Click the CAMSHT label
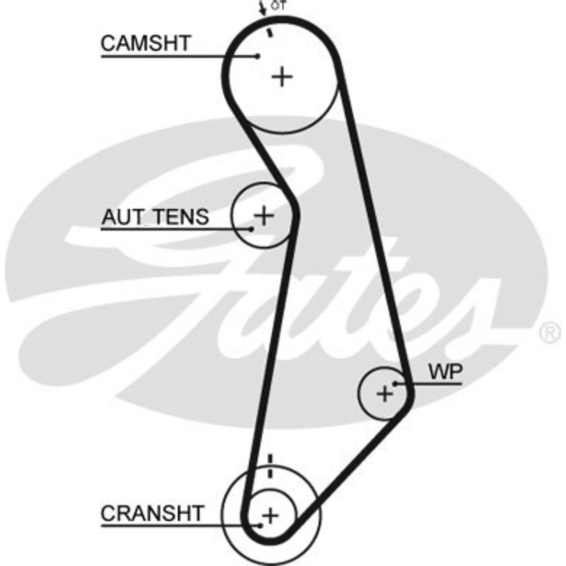point(146,43)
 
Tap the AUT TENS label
point(155,217)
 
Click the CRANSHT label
point(153,513)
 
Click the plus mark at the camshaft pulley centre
point(281,77)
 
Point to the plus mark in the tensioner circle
point(264,215)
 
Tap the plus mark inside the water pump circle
point(384,394)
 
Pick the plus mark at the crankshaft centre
point(270,514)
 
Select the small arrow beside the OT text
point(264,10)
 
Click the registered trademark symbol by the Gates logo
point(549,332)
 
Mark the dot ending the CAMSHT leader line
point(257,56)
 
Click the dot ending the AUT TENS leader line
point(251,229)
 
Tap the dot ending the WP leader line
point(395,382)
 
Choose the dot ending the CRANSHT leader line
point(259,525)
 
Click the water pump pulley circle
point(370,408)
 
